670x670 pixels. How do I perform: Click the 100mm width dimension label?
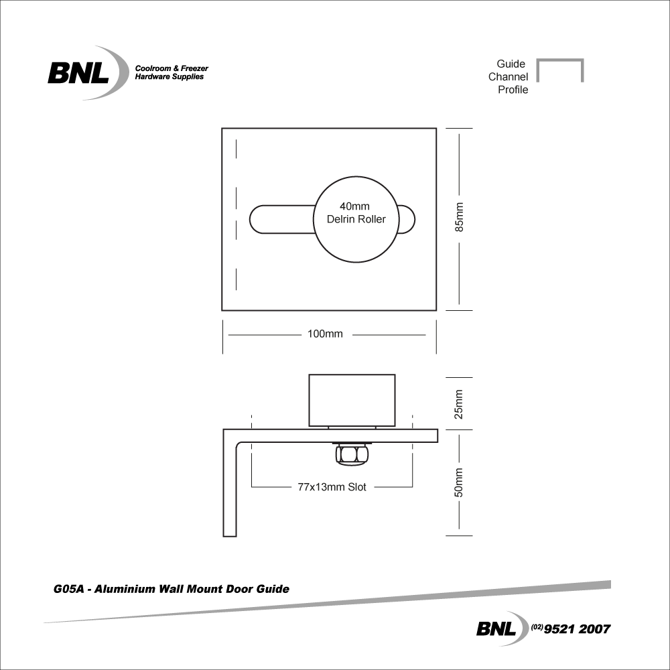pyautogui.click(x=325, y=334)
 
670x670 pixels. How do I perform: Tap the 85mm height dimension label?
pyautogui.click(x=459, y=218)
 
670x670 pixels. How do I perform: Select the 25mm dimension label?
pyautogui.click(x=459, y=403)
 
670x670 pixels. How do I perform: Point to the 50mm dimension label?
pyautogui.click(x=459, y=482)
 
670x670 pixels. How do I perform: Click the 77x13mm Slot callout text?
pyautogui.click(x=332, y=487)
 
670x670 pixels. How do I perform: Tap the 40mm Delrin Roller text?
pyautogui.click(x=356, y=213)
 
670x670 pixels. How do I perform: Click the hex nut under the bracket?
pyautogui.click(x=351, y=455)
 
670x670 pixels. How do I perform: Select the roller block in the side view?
pyautogui.click(x=351, y=401)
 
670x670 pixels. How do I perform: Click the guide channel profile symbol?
pyautogui.click(x=560, y=70)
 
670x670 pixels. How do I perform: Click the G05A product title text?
pyautogui.click(x=171, y=590)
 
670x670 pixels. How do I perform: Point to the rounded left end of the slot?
pyautogui.click(x=258, y=219)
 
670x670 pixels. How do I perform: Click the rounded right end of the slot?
pyautogui.click(x=407, y=219)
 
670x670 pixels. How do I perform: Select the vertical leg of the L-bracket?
pyautogui.click(x=230, y=489)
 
